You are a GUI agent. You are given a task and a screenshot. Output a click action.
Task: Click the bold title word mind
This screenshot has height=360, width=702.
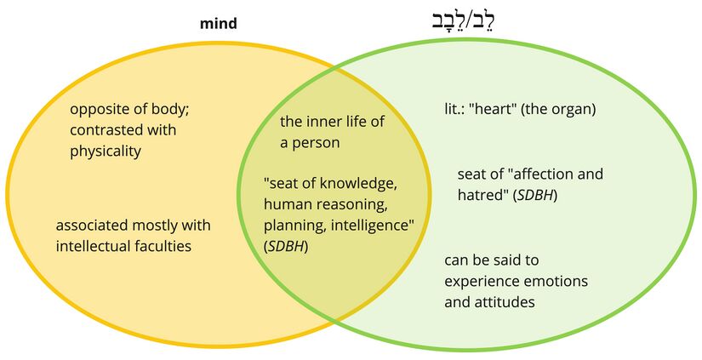point(218,24)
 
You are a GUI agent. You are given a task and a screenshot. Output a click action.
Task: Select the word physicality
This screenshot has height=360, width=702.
point(106,151)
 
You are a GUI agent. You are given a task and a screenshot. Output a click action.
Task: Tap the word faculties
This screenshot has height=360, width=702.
point(163,247)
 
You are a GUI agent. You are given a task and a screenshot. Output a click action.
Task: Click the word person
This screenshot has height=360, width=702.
point(317,143)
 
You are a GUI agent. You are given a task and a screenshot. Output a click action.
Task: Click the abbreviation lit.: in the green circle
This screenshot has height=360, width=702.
point(457,110)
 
